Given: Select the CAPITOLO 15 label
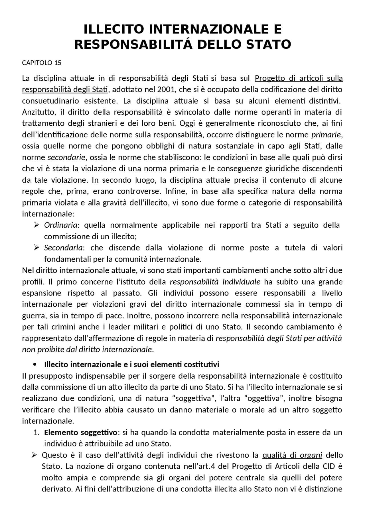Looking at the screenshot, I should tap(42, 63).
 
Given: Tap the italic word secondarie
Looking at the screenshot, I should tap(66, 157).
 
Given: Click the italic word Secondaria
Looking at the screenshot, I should tap(63, 248).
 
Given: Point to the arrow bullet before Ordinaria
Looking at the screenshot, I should tap(36, 225).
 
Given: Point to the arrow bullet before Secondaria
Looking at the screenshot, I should tap(36, 248).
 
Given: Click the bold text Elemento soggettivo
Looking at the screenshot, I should tap(80, 433).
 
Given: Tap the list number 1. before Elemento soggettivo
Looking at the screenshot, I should tap(36, 433).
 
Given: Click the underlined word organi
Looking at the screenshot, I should tap(311, 455).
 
